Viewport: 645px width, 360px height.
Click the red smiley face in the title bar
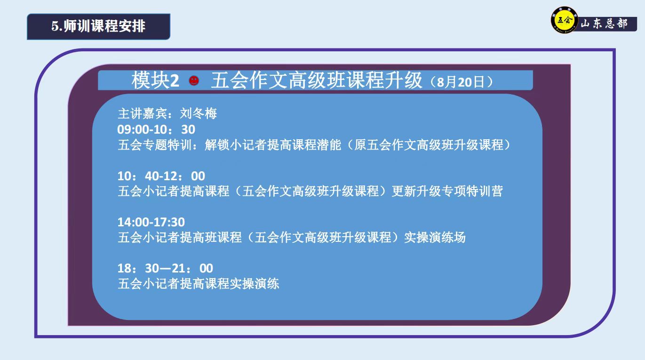click(194, 80)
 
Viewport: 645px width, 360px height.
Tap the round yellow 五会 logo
click(564, 20)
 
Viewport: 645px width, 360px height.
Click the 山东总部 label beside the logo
click(604, 24)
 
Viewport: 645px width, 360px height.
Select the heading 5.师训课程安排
click(98, 26)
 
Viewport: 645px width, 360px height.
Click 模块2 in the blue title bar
click(155, 80)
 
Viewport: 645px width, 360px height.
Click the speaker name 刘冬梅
click(199, 113)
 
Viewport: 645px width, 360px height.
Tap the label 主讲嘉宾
click(142, 113)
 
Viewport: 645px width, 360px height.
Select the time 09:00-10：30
click(156, 129)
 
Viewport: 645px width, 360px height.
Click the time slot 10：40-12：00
click(161, 176)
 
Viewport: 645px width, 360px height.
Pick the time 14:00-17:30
click(151, 222)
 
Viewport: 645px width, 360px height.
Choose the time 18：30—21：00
click(165, 268)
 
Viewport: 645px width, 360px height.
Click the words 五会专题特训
click(155, 145)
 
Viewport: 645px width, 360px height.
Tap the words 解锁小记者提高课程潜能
click(273, 145)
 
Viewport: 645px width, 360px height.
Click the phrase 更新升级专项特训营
click(447, 191)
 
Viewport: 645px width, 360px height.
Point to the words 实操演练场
click(435, 238)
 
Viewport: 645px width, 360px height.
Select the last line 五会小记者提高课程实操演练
click(199, 284)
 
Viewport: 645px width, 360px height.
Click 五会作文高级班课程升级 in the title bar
click(317, 80)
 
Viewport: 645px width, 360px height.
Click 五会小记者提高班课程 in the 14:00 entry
click(180, 238)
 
